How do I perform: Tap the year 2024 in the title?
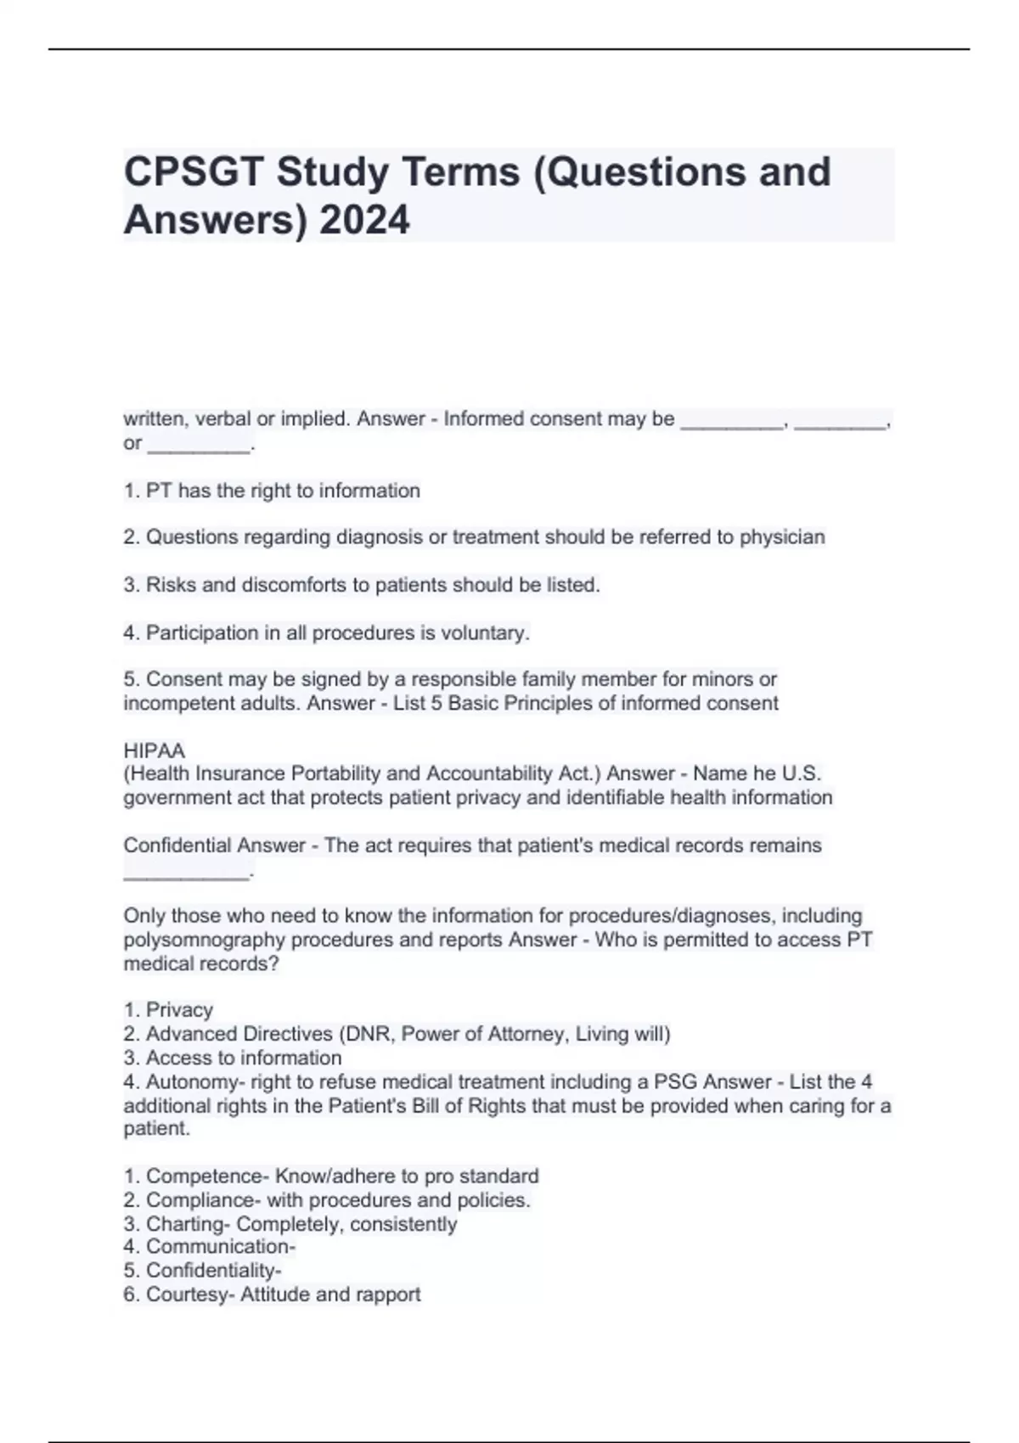364,220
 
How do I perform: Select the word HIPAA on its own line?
154,750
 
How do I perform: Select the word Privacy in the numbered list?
179,1010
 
